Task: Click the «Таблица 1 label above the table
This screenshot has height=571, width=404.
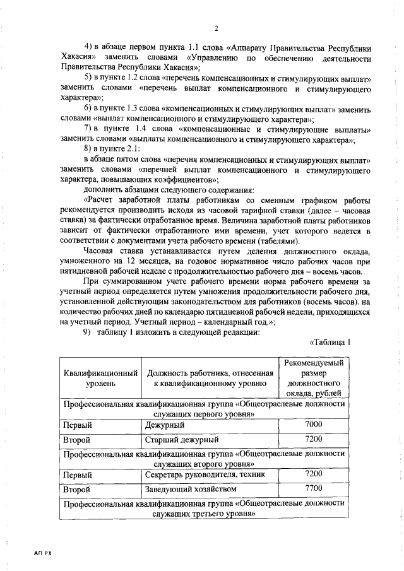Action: [x=330, y=343]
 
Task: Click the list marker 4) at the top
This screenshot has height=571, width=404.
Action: [x=88, y=48]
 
